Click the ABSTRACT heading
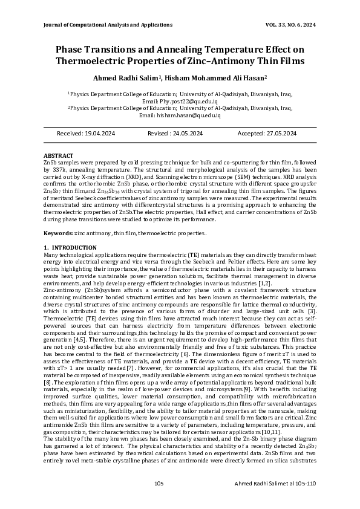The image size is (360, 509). [x=59, y=156]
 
